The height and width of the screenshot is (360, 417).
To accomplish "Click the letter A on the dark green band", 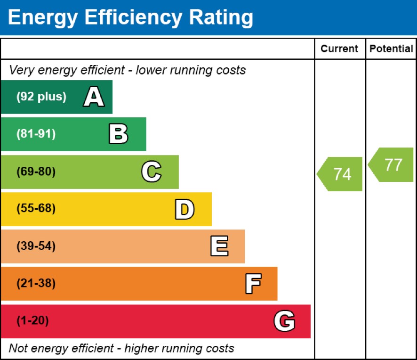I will [94, 97].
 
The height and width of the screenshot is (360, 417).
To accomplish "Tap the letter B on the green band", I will [118, 134].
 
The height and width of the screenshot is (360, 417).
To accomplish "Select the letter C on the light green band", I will [151, 172].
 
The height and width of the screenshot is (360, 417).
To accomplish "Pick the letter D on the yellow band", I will [184, 209].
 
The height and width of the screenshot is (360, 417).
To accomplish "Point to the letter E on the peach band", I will [219, 246].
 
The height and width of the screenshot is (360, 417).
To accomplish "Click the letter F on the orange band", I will [253, 284].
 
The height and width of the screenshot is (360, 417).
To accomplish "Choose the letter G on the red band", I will [284, 321].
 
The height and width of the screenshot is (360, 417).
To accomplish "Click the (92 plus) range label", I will [41, 97].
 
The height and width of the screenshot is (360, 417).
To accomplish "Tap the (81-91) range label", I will [36, 134].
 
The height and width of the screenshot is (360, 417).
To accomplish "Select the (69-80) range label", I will [36, 172].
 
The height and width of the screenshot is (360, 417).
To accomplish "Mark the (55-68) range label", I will [36, 209].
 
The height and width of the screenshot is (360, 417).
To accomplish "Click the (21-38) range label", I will [36, 284].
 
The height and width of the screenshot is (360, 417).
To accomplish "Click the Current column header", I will [339, 49].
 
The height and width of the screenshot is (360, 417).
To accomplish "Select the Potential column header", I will [391, 49].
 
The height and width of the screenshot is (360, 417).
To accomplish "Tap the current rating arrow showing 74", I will [341, 174].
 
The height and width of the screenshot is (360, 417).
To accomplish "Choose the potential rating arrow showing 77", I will [392, 164].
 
